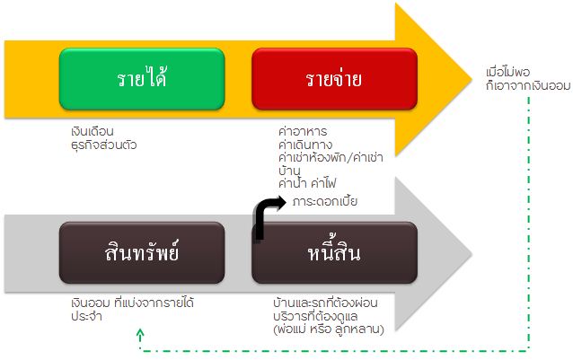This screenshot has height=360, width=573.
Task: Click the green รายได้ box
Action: [142, 78]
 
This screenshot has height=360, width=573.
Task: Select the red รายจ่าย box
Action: [334, 78]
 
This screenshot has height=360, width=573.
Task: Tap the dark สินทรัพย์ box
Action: [142, 252]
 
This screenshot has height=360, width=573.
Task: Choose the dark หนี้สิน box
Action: [334, 252]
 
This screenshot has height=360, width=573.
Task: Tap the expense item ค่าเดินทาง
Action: [306, 144]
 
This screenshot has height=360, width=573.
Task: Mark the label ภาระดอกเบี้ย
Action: [325, 201]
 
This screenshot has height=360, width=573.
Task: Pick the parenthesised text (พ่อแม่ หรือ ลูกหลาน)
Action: [331, 330]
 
